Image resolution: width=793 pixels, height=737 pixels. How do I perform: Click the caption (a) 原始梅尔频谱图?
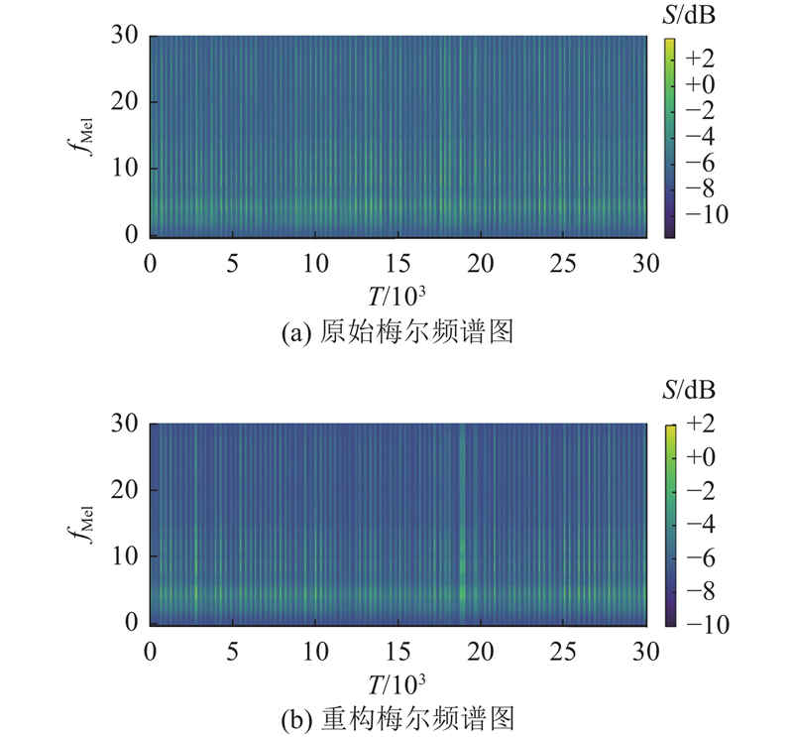tap(396, 334)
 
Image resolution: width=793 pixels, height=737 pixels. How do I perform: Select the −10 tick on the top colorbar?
tap(703, 214)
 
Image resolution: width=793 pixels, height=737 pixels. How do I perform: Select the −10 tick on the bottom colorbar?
tap(703, 623)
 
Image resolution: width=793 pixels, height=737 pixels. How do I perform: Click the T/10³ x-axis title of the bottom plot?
tap(396, 683)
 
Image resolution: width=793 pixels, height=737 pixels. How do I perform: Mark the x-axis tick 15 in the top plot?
tap(397, 263)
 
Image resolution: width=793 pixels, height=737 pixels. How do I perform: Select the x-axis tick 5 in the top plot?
tap(233, 263)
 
